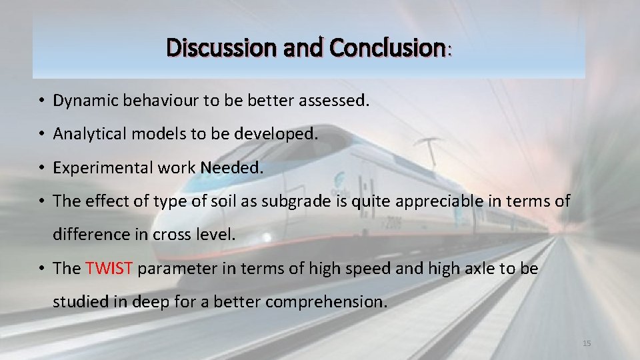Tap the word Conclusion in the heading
point(387,48)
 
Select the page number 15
point(587,343)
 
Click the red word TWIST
point(110,269)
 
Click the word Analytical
point(86,134)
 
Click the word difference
point(86,235)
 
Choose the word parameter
point(174,269)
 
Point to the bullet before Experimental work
point(41,168)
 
